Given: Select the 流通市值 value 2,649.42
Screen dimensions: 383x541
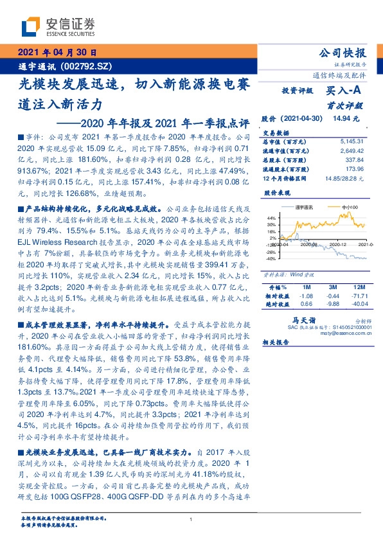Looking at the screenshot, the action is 353,149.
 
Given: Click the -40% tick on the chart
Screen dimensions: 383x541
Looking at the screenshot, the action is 270,259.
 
